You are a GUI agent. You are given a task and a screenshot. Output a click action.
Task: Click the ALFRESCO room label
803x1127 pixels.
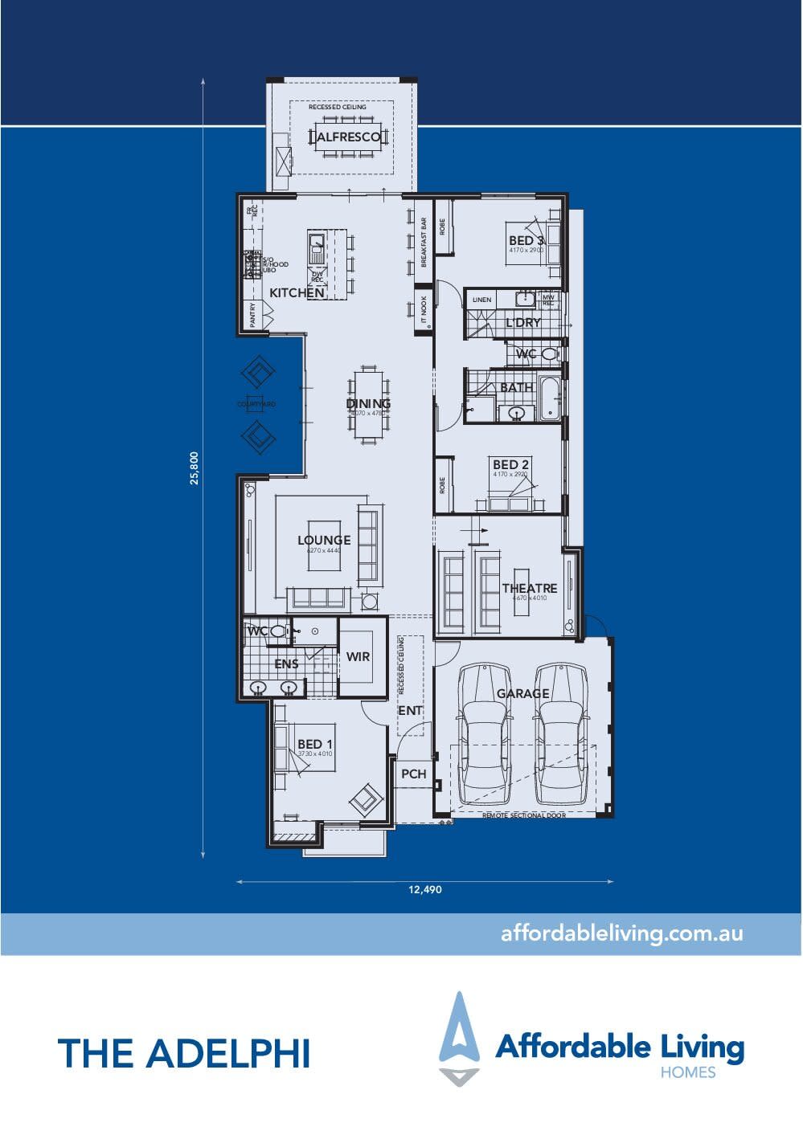click(348, 137)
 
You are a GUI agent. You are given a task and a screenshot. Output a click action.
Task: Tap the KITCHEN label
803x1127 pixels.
click(297, 293)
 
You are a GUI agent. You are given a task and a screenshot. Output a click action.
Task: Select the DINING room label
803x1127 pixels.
click(369, 403)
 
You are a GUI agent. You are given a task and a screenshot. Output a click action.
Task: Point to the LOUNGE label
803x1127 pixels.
click(324, 540)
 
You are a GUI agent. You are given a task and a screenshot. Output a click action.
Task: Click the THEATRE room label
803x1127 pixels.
click(529, 588)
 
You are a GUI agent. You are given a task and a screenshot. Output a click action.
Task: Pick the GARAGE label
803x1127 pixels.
click(522, 693)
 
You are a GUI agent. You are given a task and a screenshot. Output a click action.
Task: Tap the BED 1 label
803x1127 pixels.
click(315, 745)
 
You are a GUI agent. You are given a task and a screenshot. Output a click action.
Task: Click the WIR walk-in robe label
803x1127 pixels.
click(358, 656)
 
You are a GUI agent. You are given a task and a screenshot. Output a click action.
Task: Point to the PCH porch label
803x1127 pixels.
click(413, 774)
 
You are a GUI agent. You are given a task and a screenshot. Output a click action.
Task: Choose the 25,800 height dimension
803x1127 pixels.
click(194, 468)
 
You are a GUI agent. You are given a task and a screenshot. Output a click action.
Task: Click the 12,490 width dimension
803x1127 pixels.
click(425, 889)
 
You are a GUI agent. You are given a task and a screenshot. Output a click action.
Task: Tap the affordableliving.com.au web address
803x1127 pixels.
click(621, 933)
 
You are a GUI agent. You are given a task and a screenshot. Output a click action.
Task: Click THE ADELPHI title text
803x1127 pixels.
click(184, 1053)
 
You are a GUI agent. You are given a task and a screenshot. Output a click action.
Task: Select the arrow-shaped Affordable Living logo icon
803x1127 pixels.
click(459, 1037)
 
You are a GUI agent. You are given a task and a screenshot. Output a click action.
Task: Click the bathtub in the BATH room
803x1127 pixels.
click(551, 398)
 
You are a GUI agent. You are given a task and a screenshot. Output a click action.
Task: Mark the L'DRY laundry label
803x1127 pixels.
click(522, 323)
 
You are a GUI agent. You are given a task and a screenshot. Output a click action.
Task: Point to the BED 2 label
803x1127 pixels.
click(510, 464)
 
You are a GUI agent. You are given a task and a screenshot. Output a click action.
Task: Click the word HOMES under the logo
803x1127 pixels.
click(687, 1072)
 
